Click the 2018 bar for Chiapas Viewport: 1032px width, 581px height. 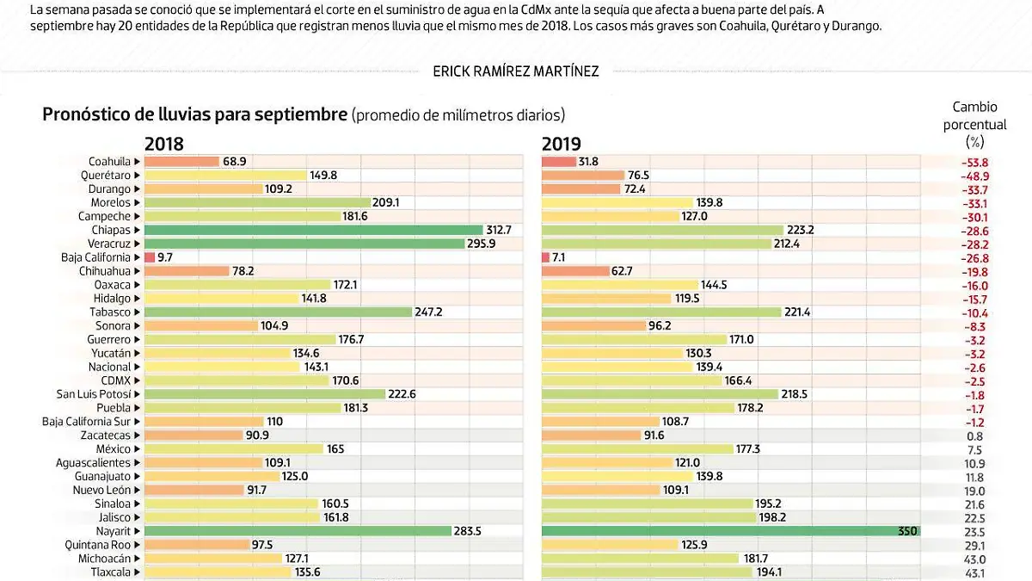(313, 230)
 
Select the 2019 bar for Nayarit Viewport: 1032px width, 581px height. (730, 532)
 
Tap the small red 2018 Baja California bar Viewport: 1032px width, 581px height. (149, 257)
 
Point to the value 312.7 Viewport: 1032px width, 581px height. (500, 230)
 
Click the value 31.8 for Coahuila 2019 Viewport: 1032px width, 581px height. (589, 161)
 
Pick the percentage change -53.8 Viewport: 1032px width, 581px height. (974, 162)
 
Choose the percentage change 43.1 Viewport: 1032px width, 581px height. (974, 573)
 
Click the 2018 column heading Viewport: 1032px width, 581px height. (163, 144)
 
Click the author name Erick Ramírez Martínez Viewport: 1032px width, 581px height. (516, 71)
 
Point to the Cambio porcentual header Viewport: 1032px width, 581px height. (974, 125)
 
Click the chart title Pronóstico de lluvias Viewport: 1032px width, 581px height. (193, 114)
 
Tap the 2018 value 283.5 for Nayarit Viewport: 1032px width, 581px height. (469, 532)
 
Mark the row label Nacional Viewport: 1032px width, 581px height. (109, 367)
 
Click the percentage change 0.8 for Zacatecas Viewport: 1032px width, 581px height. (974, 436)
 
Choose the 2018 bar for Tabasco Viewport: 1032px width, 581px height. (278, 312)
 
